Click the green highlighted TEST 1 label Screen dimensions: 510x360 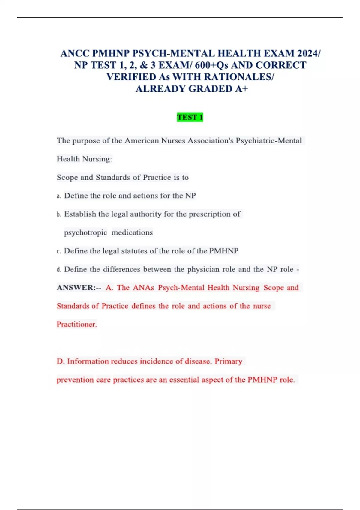190,117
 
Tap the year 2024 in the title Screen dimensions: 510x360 309,53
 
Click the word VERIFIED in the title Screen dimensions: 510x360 131,77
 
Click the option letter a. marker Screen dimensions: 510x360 59,196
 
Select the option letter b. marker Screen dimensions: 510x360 59,214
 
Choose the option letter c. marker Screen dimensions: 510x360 59,251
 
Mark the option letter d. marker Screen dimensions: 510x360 59,270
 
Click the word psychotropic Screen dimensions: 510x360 85,233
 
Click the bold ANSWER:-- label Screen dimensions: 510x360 79,288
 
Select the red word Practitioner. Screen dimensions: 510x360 76,324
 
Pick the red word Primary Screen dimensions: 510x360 228,361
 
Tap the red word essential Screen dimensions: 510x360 184,379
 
